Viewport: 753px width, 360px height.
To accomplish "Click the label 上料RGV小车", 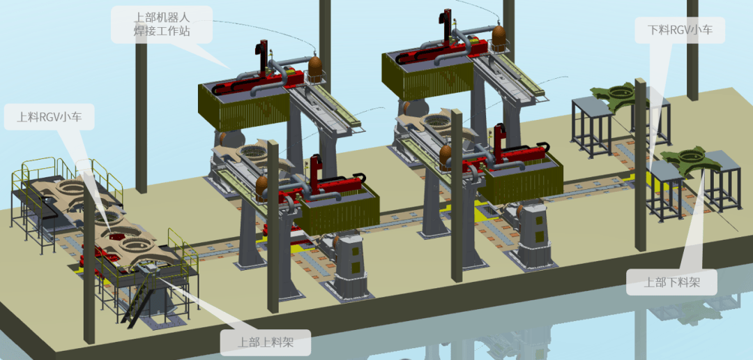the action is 49,117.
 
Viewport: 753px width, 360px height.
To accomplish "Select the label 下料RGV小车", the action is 680,30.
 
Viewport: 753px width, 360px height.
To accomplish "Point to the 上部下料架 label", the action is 671,282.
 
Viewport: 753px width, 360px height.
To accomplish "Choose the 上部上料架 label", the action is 265,343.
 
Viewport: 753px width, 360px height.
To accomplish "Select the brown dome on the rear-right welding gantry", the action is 499,36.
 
